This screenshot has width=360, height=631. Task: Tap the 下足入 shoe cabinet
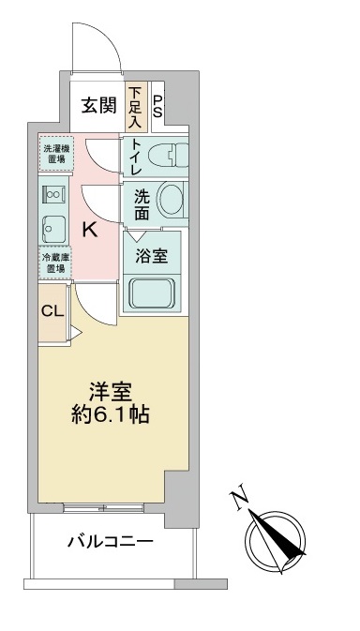click(x=135, y=106)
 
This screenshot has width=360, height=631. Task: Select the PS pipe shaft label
click(x=158, y=106)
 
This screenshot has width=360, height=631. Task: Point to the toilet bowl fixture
click(x=168, y=154)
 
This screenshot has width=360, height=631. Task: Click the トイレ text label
click(x=136, y=158)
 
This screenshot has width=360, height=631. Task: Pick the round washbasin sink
click(x=171, y=198)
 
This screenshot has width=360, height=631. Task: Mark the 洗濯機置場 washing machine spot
click(x=54, y=155)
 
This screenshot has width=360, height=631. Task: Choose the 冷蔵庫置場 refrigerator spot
click(x=54, y=262)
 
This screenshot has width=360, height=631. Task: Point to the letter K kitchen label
click(x=90, y=230)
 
